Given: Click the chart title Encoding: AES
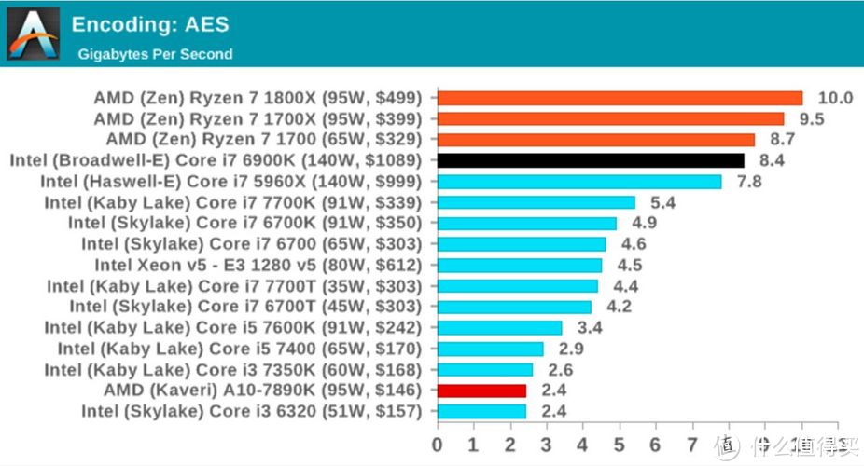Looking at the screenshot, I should tap(149, 24).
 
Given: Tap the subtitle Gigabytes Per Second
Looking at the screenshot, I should tap(155, 54).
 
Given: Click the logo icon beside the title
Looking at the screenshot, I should tap(33, 34).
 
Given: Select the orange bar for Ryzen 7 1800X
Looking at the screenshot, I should tap(620, 98).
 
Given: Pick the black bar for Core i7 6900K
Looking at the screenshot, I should tap(591, 160).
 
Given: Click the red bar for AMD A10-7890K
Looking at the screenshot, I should tap(481, 390).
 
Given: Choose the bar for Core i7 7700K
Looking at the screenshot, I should tap(536, 202).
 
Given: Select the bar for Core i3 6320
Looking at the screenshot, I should tap(481, 411).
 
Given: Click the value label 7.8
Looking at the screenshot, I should tap(749, 181).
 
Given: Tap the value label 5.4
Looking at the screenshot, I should tap(662, 202).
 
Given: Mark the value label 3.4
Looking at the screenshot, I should tap(589, 327).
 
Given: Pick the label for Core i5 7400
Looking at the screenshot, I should tap(240, 349).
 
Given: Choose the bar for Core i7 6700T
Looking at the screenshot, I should tap(514, 307).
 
